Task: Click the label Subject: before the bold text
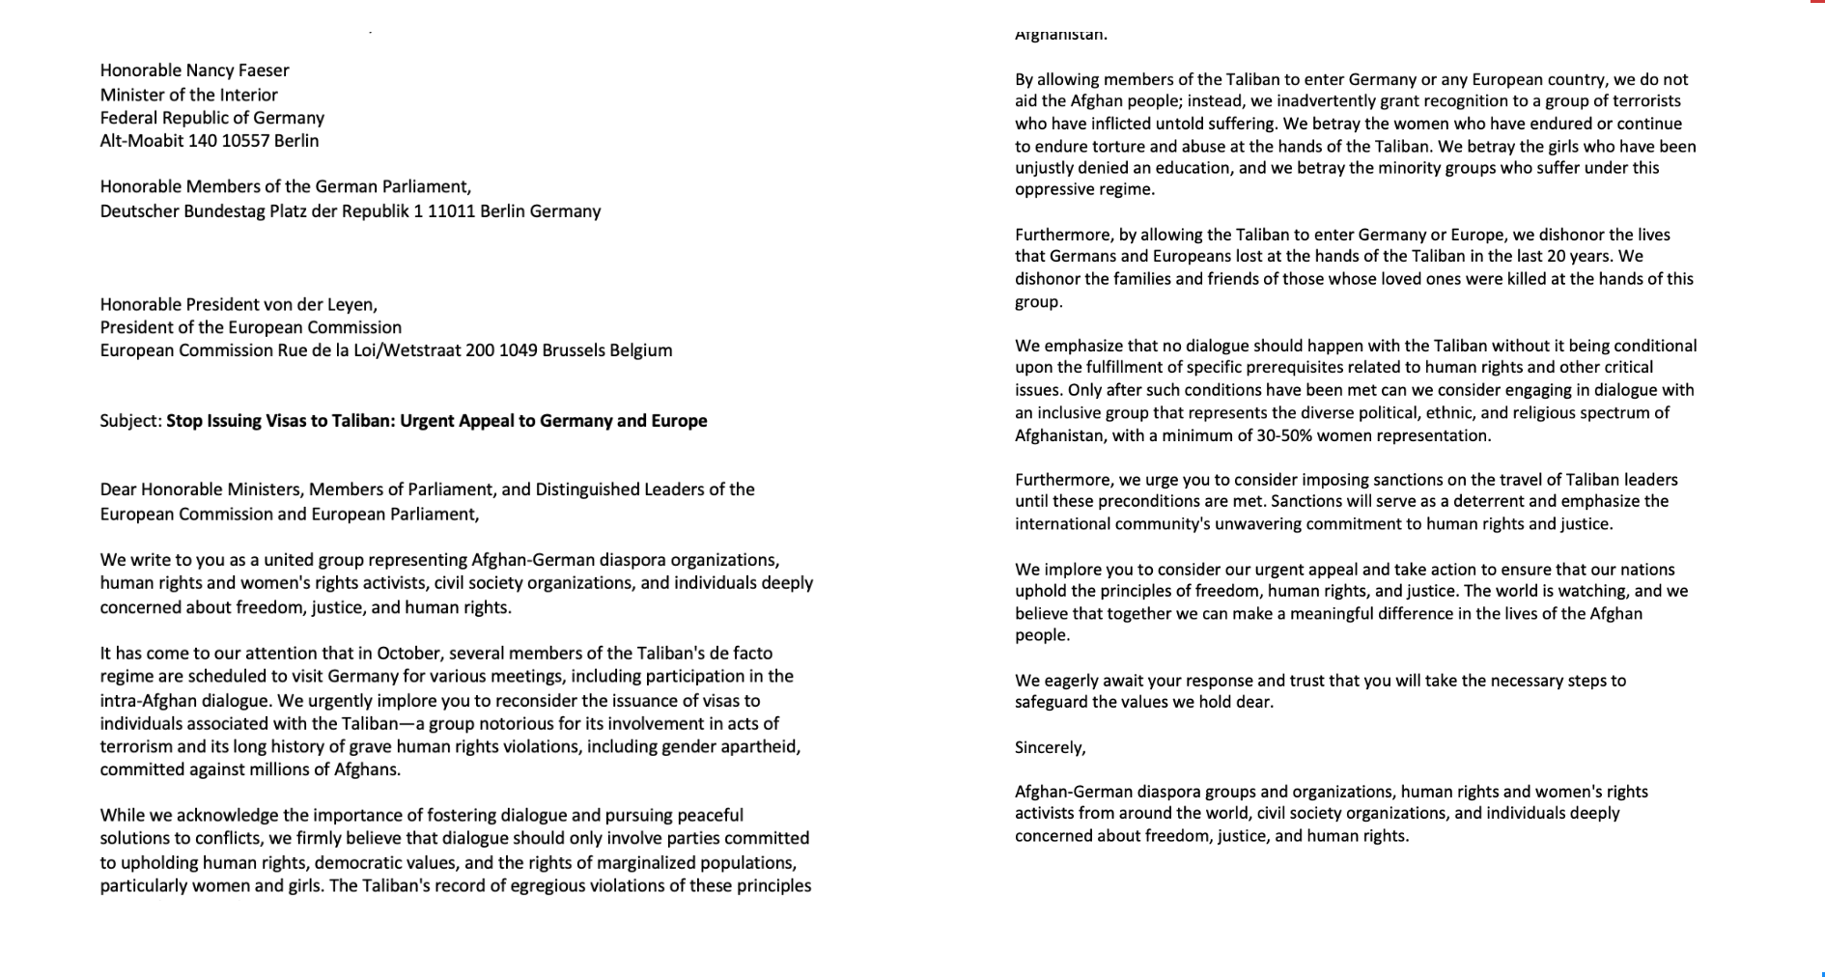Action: point(130,421)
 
